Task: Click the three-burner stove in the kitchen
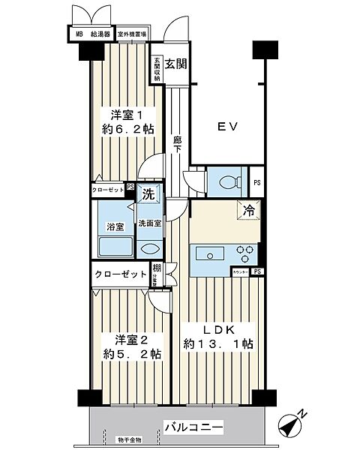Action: (x=244, y=252)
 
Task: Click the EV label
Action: (x=228, y=127)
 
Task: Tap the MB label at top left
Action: (x=78, y=34)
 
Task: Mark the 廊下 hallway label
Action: (x=178, y=145)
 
